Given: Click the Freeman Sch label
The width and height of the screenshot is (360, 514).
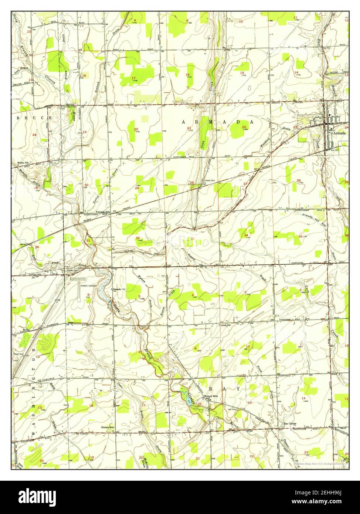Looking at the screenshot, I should point(102,212).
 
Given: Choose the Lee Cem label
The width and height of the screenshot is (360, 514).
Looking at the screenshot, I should point(232,409).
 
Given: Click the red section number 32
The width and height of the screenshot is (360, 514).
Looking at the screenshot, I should point(137,238).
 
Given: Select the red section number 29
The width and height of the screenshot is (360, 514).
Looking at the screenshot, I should point(136,188).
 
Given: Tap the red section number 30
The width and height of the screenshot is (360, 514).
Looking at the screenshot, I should point(86,185).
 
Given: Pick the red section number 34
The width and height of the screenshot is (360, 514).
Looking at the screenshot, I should point(246,236).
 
